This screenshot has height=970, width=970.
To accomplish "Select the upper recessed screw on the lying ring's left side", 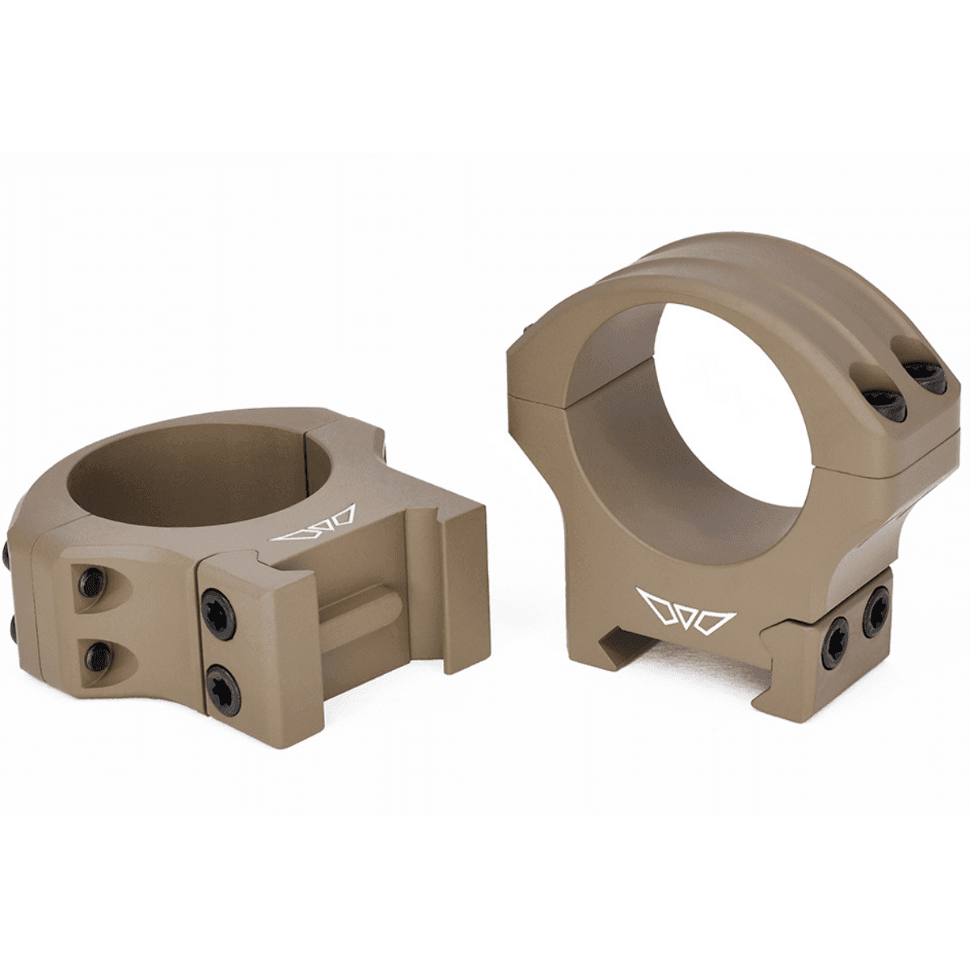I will (91, 580).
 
